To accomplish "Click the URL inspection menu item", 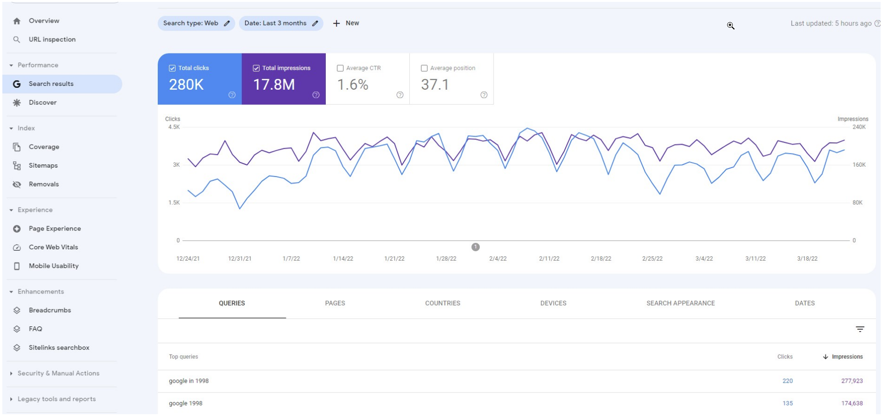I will [52, 39].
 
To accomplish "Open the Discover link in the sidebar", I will [42, 102].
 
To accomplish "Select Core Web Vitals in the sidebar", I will [53, 247].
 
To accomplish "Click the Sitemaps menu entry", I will [43, 165].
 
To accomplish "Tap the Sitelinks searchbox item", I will [59, 347].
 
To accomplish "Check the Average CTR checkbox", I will [340, 68].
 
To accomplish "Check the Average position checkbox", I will [424, 68].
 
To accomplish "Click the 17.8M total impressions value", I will [274, 85].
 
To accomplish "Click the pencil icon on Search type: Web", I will [227, 23].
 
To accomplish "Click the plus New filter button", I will [346, 23].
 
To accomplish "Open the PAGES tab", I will [335, 303].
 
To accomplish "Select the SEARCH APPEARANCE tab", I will [680, 303].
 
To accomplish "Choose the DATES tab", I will [804, 303].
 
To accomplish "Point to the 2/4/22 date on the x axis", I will [498, 259].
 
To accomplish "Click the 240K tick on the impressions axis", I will [859, 127].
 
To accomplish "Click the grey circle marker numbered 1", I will [476, 247].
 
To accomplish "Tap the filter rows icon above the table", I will [860, 329].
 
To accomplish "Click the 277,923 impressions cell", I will [852, 381].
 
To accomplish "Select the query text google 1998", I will [185, 403].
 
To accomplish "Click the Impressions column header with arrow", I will [843, 357].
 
